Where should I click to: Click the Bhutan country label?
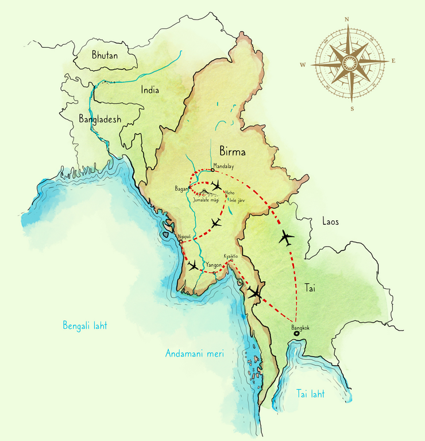pos(105,55)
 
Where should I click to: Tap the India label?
pos(150,90)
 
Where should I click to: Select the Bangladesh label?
pos(100,119)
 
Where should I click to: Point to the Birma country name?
pos(232,152)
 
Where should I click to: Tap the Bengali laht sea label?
pos(85,326)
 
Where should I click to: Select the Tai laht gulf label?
pos(310,394)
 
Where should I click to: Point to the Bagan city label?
pos(181,188)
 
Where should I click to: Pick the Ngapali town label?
pos(185,236)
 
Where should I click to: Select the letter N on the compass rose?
pos(347,19)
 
